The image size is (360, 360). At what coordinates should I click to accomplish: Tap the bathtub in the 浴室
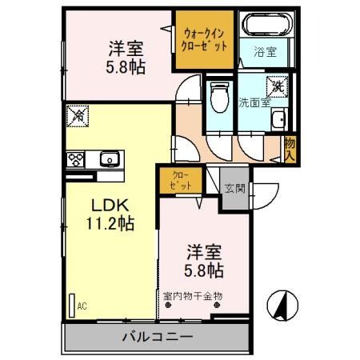coord(267,24)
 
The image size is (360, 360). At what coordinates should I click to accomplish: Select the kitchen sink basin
coord(110,159)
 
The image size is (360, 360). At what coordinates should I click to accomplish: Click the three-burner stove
coord(75,159)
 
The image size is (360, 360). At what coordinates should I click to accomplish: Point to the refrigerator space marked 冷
coord(78,116)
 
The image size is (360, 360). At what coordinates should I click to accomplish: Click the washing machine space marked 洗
coord(278,86)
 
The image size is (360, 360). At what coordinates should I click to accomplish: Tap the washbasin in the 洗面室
coord(278,119)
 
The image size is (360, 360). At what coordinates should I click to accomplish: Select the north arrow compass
coord(282,306)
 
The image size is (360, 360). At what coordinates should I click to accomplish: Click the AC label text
coord(82,306)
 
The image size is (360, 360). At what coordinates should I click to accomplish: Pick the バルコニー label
coord(158,337)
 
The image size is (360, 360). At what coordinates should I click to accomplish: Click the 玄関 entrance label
coord(234,189)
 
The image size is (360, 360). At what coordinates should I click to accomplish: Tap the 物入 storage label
coord(290,150)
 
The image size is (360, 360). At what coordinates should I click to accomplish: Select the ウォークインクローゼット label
coord(204,40)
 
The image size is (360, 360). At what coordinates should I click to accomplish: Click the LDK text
coord(110,205)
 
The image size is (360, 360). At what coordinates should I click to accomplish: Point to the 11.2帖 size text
coord(110,223)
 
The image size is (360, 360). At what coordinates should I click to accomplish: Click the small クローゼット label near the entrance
coord(181,180)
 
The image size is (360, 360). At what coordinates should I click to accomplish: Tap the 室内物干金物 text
coord(193,296)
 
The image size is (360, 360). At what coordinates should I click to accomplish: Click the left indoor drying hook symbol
coord(168,305)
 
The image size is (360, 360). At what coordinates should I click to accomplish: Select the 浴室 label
coord(265,52)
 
